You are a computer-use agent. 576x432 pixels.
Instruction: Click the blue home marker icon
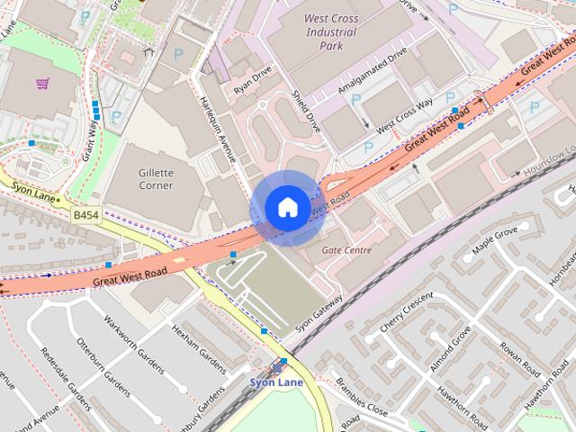coord(286,208)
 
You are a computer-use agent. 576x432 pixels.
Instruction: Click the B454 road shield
coord(86,216)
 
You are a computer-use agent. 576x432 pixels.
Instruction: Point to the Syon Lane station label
coord(275,381)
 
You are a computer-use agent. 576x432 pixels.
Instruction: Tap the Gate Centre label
coord(346,249)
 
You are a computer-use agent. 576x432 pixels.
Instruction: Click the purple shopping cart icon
coord(42,84)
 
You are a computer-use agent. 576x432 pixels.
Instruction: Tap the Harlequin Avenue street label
coord(217,126)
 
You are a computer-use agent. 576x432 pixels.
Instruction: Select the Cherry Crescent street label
coord(406,311)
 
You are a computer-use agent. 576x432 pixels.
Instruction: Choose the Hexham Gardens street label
coord(198,347)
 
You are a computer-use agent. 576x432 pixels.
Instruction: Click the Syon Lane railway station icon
coord(276,365)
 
